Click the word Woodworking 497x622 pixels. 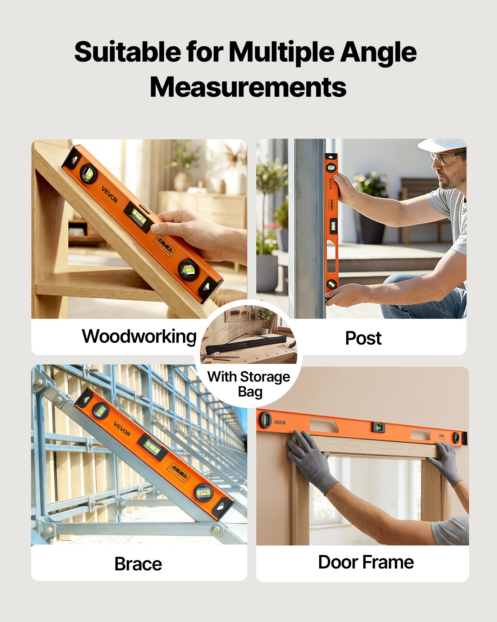[x=139, y=337]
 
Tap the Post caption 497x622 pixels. [x=363, y=338]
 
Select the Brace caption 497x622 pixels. [x=138, y=564]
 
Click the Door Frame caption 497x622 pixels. [x=366, y=562]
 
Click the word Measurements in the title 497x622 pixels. [x=248, y=87]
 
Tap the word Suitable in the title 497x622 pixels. [x=127, y=52]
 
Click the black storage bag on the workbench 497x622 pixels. [x=247, y=345]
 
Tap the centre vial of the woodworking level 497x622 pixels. [x=139, y=217]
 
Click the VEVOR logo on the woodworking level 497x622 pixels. [x=110, y=194]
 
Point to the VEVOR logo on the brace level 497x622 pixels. [x=122, y=429]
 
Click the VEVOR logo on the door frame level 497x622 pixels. [x=280, y=422]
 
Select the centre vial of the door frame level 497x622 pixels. [x=379, y=428]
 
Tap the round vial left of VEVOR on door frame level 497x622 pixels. [x=265, y=420]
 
